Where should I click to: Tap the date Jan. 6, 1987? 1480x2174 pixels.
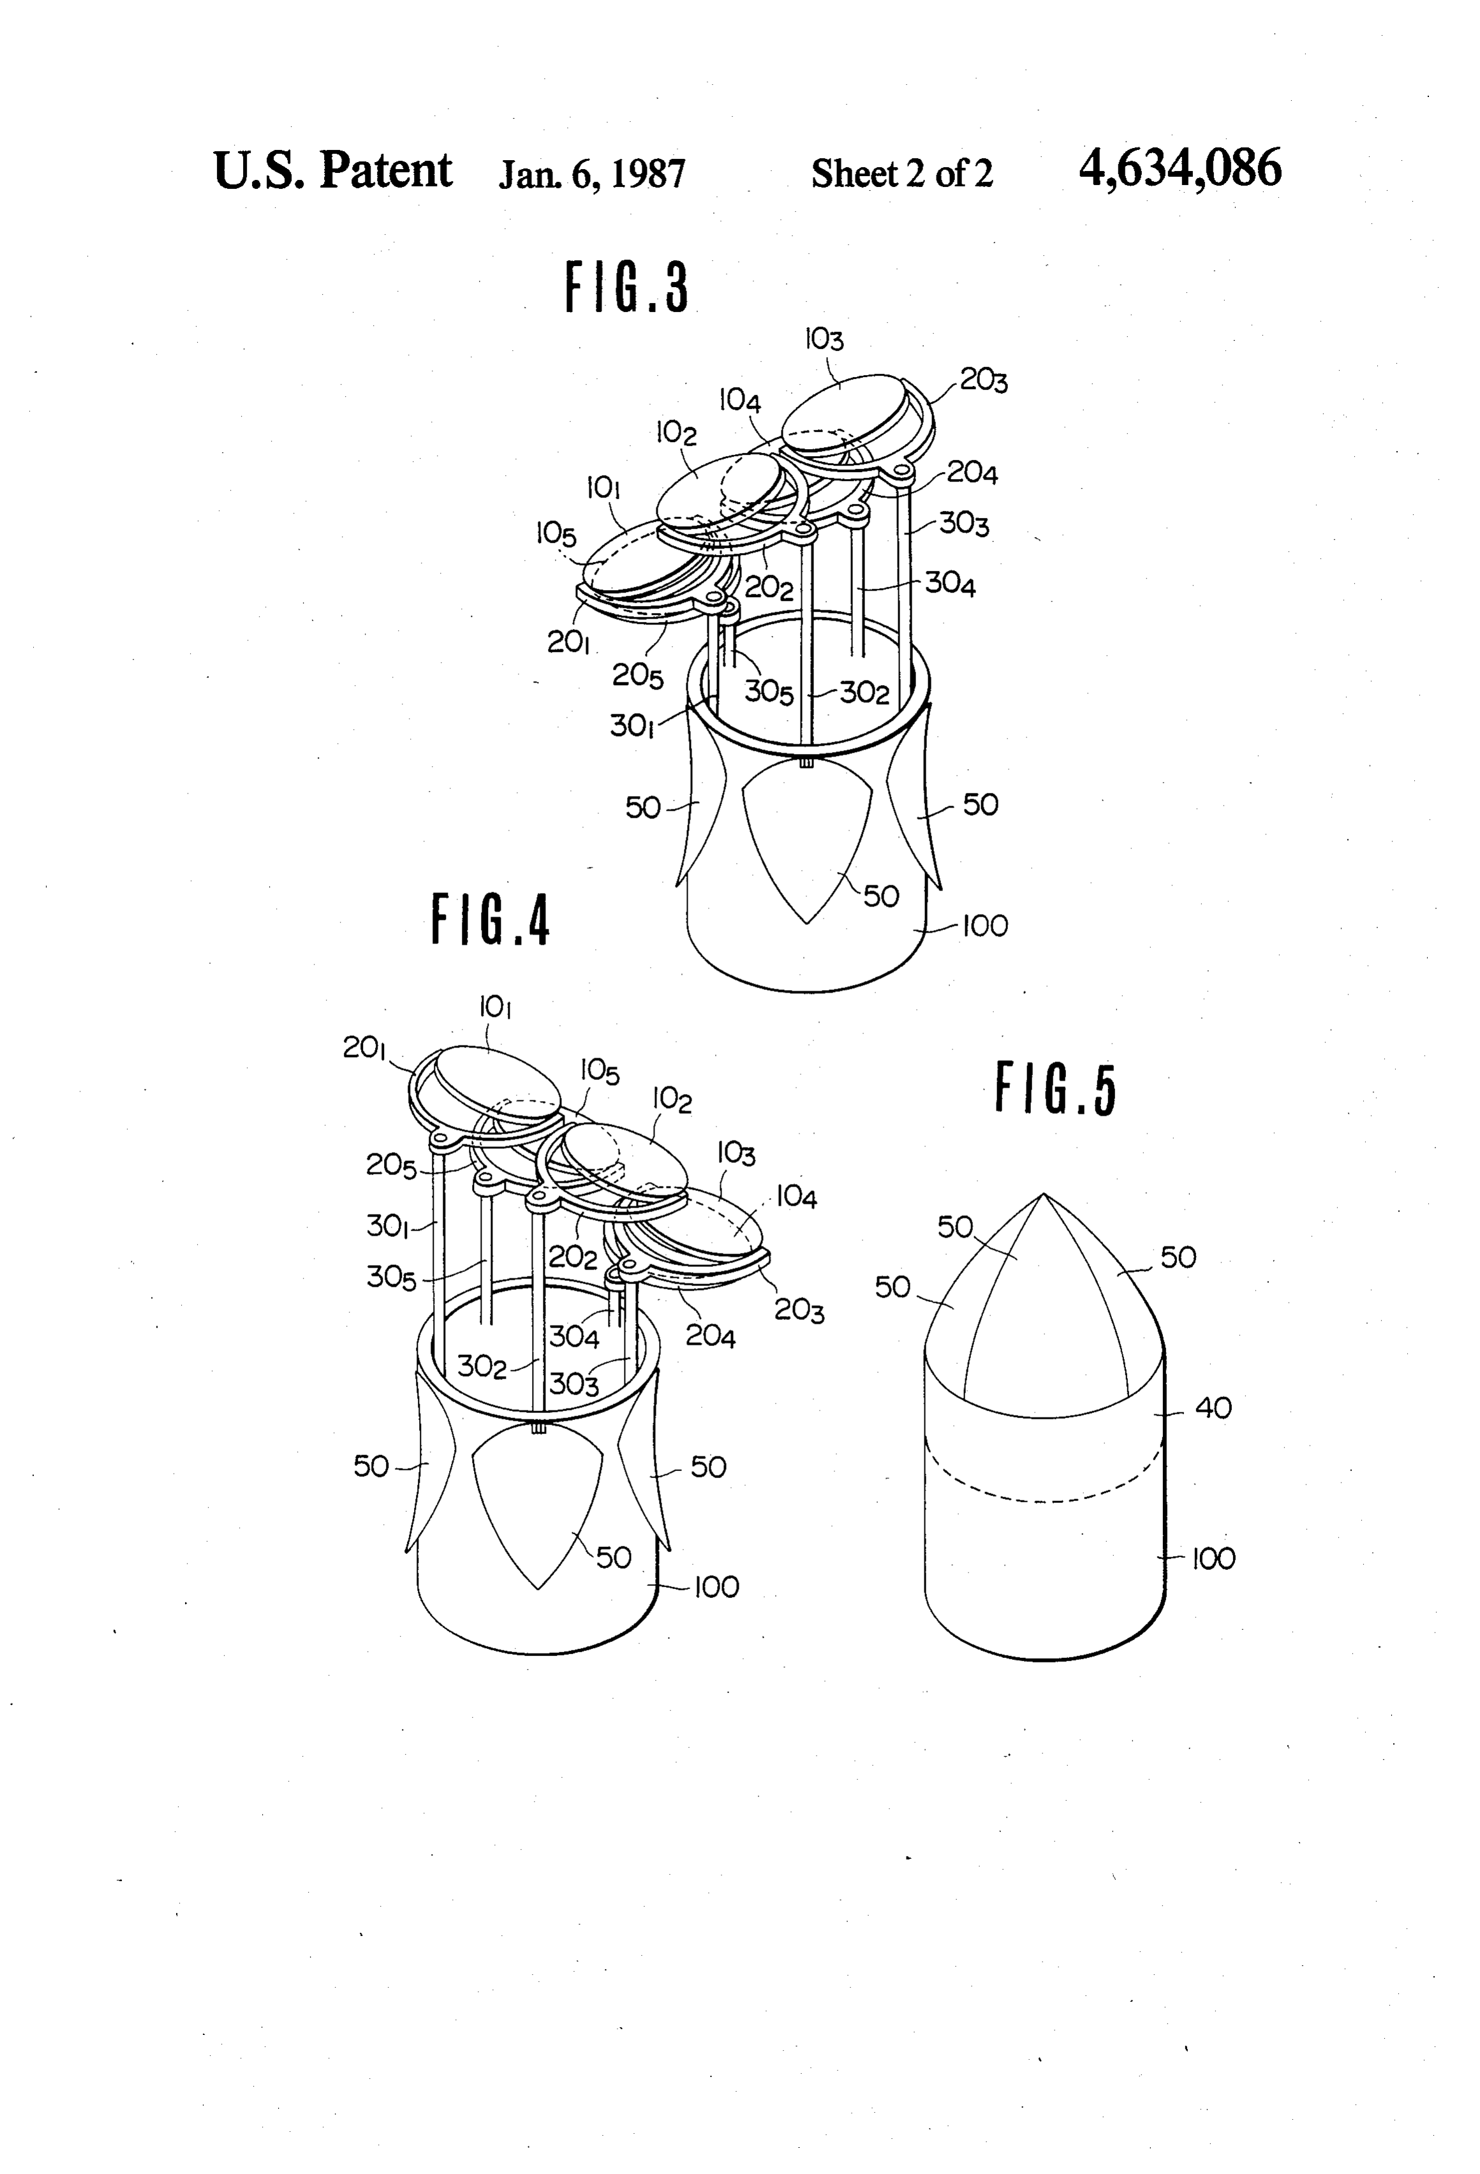(592, 174)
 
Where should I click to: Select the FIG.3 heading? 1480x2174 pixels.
(627, 286)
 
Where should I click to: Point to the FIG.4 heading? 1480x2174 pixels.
(490, 920)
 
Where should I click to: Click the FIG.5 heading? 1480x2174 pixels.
(1056, 1089)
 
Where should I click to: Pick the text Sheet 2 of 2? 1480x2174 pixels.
(902, 174)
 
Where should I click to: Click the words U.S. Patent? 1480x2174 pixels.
(333, 170)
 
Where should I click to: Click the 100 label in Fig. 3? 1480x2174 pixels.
(985, 926)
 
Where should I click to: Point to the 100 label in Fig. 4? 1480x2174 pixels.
(716, 1588)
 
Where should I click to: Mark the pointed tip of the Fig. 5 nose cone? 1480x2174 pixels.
(1044, 1194)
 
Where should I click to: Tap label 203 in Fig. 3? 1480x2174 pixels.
(984, 381)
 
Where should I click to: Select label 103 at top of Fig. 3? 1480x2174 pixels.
(824, 339)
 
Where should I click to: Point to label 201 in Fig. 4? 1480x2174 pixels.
(365, 1049)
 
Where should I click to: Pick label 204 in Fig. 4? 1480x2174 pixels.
(711, 1336)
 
